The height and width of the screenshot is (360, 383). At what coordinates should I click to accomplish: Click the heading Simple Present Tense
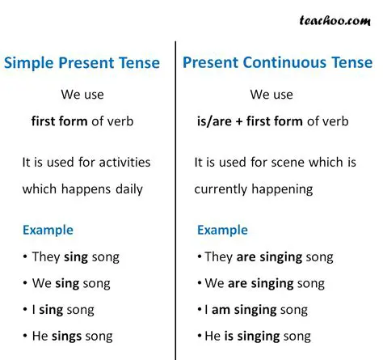(82, 62)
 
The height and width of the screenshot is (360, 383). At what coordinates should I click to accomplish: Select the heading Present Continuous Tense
(277, 62)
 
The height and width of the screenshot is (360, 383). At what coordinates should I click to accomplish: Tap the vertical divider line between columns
(175, 202)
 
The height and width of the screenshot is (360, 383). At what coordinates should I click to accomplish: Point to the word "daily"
(125, 189)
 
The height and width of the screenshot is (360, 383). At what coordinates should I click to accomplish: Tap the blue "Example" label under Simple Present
(48, 230)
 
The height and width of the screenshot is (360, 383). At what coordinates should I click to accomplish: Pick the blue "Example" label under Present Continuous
(222, 230)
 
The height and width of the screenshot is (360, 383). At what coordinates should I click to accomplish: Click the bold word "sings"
(70, 336)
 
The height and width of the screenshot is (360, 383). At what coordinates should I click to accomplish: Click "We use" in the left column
(82, 95)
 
